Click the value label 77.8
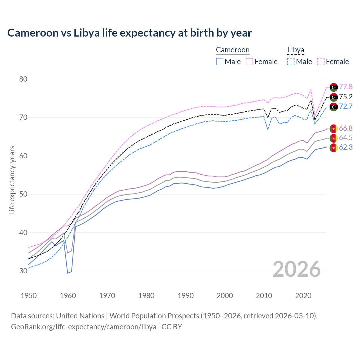point(346,87)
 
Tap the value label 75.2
point(346,97)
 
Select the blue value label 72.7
point(346,106)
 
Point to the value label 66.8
point(346,129)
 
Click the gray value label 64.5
point(346,138)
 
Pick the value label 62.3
point(346,147)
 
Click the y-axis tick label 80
point(23,79)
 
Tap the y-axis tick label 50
point(23,194)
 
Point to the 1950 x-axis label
point(29,296)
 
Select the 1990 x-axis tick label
point(186,296)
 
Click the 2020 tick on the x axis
point(303,296)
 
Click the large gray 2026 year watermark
point(296,269)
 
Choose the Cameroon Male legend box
point(220,62)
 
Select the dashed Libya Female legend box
point(321,62)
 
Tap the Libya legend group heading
point(296,50)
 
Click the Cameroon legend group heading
point(233,50)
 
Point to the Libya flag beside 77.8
point(334,87)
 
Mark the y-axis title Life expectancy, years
point(12,180)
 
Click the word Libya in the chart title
point(87,33)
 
